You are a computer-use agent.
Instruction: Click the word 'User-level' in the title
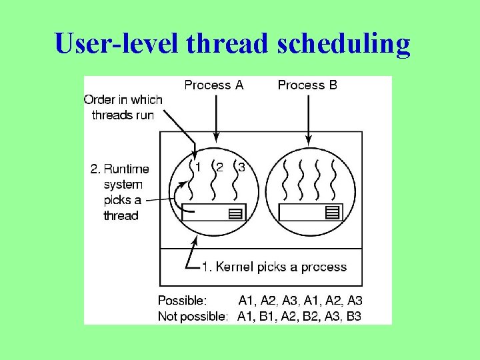pyautogui.click(x=117, y=43)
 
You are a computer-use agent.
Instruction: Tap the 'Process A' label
pyautogui.click(x=214, y=85)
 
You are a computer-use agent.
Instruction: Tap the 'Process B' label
pyautogui.click(x=307, y=85)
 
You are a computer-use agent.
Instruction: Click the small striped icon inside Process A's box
pyautogui.click(x=234, y=213)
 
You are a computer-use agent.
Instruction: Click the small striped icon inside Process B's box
pyautogui.click(x=331, y=213)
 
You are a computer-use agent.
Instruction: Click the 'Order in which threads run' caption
pyautogui.click(x=123, y=107)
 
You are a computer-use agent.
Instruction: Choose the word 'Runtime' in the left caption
pyautogui.click(x=127, y=169)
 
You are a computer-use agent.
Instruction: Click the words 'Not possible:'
pyautogui.click(x=193, y=316)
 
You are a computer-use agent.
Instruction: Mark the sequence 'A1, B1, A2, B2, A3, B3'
pyautogui.click(x=299, y=316)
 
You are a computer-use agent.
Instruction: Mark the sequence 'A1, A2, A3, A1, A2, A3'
pyautogui.click(x=300, y=301)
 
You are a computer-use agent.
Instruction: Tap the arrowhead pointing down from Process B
pyautogui.click(x=308, y=140)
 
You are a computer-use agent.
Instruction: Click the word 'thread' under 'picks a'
pyautogui.click(x=121, y=215)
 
